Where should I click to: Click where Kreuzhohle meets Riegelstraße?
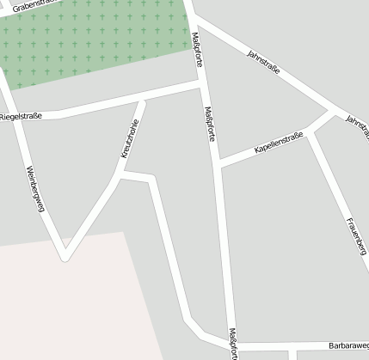[x=142, y=101]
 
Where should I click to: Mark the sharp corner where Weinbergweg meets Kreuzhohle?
[x=64, y=255]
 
